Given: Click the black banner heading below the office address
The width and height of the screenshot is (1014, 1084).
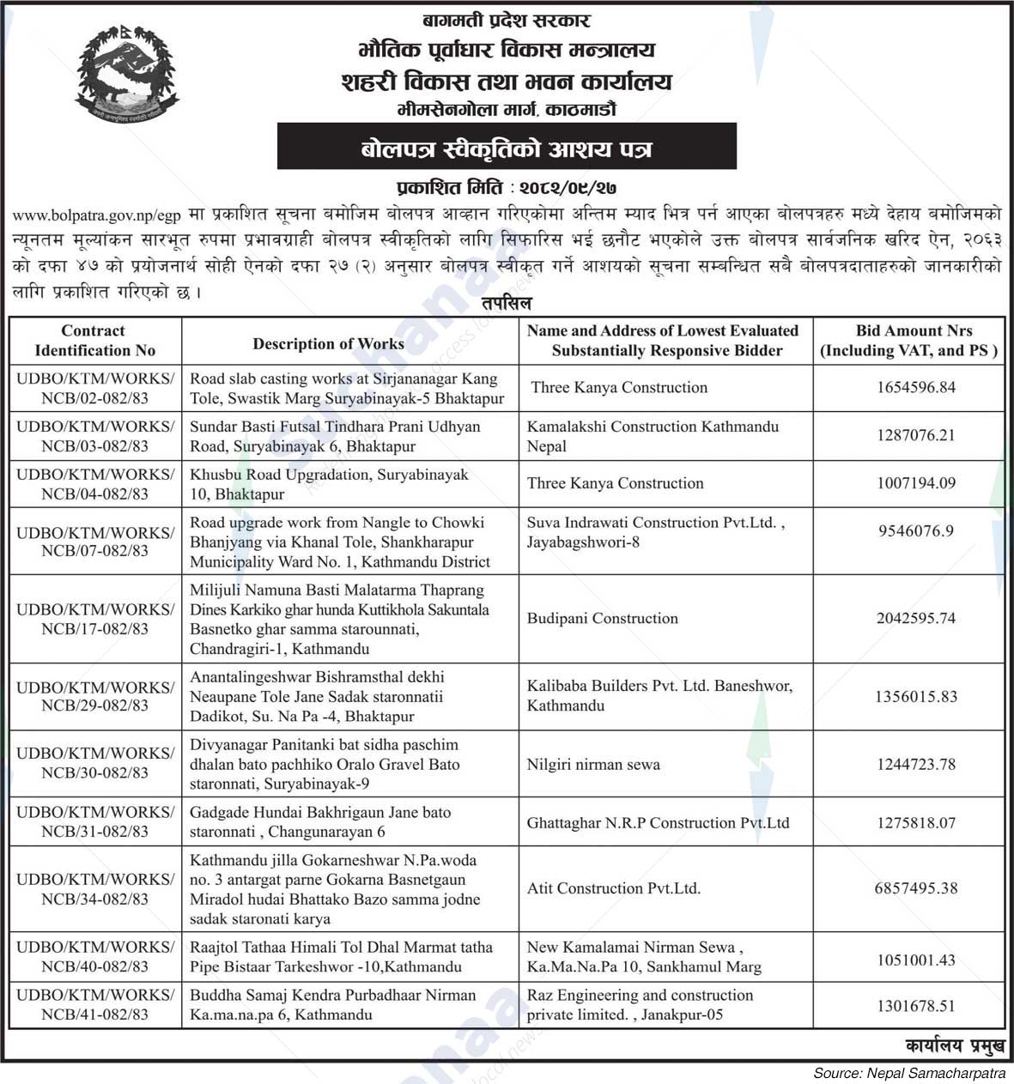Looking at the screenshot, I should pyautogui.click(x=506, y=147).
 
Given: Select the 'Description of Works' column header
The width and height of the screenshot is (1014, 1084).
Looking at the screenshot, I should pyautogui.click(x=328, y=343).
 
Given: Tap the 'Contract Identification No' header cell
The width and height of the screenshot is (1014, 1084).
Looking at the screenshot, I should pyautogui.click(x=94, y=341).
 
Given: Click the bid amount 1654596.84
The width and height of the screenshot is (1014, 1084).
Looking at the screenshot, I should pyautogui.click(x=915, y=387).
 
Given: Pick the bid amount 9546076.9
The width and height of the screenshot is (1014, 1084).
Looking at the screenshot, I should pyautogui.click(x=915, y=531).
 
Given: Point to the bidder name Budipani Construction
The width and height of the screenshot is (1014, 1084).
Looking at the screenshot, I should pyautogui.click(x=602, y=618).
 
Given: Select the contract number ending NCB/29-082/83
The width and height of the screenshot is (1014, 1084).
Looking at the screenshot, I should pyautogui.click(x=94, y=696).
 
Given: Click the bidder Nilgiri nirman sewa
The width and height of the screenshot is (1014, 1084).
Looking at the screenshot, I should pyautogui.click(x=593, y=764).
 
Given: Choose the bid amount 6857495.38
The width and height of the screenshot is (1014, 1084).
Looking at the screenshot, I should pyautogui.click(x=915, y=888).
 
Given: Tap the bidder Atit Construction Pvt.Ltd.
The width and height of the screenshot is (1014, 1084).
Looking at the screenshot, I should pyautogui.click(x=613, y=888).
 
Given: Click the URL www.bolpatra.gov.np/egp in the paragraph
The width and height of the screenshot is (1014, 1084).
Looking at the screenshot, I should pyautogui.click(x=98, y=214).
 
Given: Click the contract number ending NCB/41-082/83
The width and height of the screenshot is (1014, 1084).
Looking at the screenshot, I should pyautogui.click(x=94, y=1005).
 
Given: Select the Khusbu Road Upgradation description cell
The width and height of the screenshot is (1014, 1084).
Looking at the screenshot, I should pyautogui.click(x=329, y=484).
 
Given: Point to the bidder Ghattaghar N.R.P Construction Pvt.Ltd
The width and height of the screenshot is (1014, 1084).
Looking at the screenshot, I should pyautogui.click(x=658, y=822).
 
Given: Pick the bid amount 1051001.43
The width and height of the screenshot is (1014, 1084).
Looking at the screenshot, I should pyautogui.click(x=915, y=960).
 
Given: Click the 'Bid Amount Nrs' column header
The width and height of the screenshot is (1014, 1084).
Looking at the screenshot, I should pyautogui.click(x=908, y=341).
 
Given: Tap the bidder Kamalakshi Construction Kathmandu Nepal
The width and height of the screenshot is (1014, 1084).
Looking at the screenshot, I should pyautogui.click(x=653, y=436).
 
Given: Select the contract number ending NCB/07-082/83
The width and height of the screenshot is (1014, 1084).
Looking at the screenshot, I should pyautogui.click(x=94, y=542).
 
